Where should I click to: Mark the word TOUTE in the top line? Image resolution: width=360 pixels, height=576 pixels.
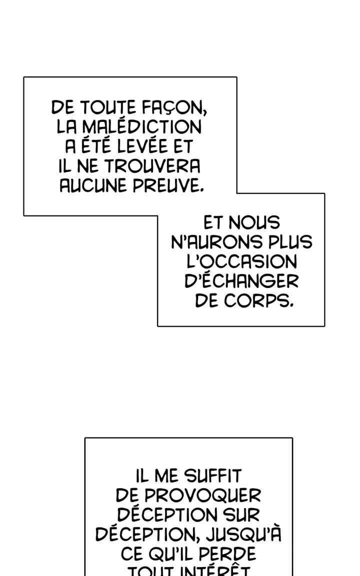click(x=106, y=107)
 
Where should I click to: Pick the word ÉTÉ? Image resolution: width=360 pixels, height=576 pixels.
click(x=92, y=146)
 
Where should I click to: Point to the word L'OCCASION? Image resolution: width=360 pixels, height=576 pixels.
click(x=241, y=262)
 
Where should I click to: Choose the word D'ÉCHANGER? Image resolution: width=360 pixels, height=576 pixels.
click(x=241, y=281)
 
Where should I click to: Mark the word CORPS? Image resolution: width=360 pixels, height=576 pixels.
click(x=259, y=301)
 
